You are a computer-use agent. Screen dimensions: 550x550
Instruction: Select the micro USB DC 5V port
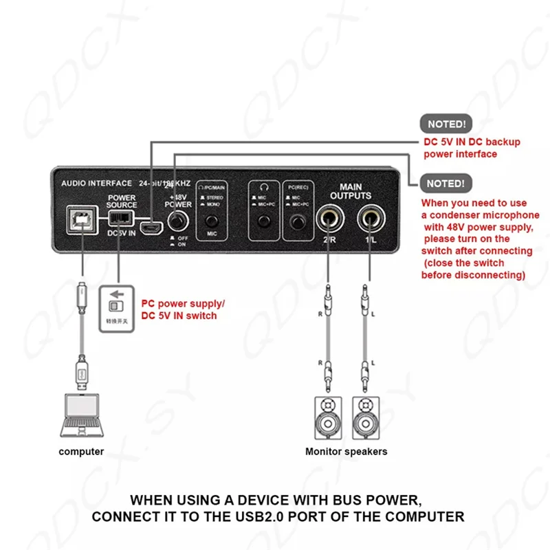click(151, 226)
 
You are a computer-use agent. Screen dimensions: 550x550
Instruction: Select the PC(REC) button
click(298, 221)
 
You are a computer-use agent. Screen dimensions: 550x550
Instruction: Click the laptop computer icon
click(81, 415)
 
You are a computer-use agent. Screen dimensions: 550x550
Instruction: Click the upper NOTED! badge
click(446, 124)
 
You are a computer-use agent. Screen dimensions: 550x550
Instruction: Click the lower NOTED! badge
click(446, 184)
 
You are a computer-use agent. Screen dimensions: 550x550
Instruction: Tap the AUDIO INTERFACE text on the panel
click(96, 184)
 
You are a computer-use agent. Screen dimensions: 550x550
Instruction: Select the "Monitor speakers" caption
click(346, 452)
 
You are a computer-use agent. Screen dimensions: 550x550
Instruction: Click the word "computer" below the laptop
click(81, 452)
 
